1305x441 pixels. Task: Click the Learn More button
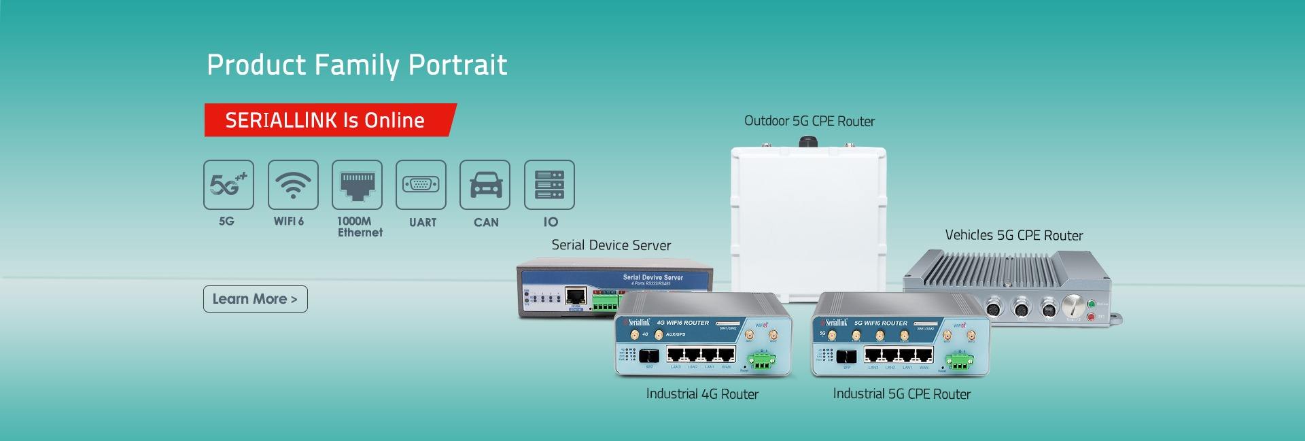tap(255, 299)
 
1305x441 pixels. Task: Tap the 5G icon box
tap(228, 184)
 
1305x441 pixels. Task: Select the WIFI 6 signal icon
tap(293, 184)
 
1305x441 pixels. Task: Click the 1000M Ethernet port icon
tap(357, 184)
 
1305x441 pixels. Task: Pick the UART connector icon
tap(421, 184)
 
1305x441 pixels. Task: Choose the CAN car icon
tap(485, 184)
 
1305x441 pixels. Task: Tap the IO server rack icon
tap(549, 184)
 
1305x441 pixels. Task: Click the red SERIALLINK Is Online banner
tap(329, 120)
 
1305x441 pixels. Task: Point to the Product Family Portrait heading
tap(357, 65)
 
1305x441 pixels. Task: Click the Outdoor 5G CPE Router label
tap(809, 121)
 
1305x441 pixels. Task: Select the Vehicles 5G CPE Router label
tap(1013, 235)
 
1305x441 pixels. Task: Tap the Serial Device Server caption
tap(611, 245)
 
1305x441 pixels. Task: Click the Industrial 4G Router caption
tap(702, 394)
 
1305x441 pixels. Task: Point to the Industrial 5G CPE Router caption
tap(901, 394)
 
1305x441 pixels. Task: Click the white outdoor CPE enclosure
tap(808, 217)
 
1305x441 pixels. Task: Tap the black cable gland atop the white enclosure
tap(807, 141)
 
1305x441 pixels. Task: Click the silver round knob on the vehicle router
tap(1072, 306)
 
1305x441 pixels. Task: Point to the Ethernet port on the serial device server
tap(576, 296)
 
